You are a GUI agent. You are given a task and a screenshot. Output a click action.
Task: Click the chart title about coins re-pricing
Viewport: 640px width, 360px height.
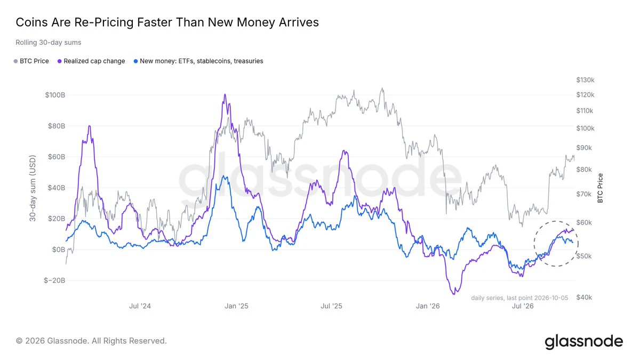point(167,22)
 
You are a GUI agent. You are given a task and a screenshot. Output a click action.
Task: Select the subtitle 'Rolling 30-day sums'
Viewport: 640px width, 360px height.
point(49,43)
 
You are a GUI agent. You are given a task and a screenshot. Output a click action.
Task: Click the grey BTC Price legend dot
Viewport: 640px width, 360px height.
point(15,61)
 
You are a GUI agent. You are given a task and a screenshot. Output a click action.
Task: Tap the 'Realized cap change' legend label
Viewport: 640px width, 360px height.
point(94,61)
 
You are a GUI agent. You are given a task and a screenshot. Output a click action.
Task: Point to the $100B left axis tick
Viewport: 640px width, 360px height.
point(55,95)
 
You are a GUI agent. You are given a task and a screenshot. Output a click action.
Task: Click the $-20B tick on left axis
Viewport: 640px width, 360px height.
point(54,281)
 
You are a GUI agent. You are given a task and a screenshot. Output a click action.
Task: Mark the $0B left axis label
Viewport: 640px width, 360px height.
point(59,250)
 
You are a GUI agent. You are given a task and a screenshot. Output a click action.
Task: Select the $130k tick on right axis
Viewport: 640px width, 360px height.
point(585,80)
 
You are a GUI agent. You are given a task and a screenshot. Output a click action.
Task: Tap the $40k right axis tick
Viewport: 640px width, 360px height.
point(584,297)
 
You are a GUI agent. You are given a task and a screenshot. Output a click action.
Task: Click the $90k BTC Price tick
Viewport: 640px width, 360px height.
point(584,148)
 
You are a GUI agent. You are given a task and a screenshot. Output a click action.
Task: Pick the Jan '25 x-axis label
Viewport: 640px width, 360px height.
point(236,306)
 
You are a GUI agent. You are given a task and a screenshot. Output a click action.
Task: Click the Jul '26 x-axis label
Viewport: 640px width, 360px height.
point(523,306)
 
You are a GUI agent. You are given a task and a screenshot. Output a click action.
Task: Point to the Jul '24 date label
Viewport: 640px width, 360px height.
point(140,306)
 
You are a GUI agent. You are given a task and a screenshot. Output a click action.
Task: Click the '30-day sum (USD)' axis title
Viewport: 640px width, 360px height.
point(33,188)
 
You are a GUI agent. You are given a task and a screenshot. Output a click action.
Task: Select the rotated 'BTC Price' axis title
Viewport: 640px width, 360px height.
point(600,188)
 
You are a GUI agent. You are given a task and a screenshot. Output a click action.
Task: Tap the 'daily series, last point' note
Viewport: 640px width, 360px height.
point(519,298)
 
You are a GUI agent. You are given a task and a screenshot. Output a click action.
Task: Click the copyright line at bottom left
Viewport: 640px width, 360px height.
point(91,341)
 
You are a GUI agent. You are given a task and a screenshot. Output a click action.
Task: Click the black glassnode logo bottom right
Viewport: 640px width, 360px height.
point(583,341)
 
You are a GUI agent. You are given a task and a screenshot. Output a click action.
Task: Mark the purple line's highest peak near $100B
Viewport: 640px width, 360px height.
point(225,94)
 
